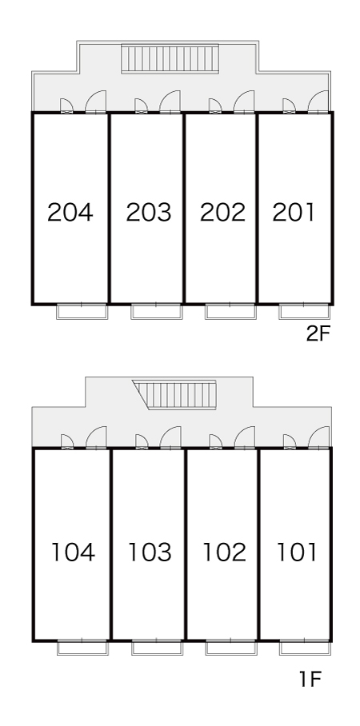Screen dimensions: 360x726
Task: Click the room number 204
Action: click(70, 213)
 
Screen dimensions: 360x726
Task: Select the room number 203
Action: click(148, 213)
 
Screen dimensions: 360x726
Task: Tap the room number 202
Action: click(222, 213)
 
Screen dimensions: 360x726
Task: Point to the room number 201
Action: click(294, 213)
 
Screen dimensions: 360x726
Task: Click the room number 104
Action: click(73, 552)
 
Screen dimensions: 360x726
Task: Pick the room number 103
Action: click(149, 552)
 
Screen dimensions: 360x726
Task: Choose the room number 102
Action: click(224, 552)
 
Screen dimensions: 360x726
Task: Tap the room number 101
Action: click(297, 552)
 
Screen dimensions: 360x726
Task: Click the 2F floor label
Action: click(318, 334)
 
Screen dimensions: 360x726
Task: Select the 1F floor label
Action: click(310, 680)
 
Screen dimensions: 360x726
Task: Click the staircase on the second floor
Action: click(170, 58)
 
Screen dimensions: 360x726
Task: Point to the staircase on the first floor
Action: click(174, 395)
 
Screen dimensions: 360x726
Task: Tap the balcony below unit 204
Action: click(82, 312)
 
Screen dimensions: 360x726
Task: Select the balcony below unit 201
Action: click(305, 312)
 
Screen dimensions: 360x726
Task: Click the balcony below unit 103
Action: click(157, 648)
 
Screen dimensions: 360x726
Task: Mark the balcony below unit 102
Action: click(231, 648)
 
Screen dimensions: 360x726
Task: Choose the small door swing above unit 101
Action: click(289, 441)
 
